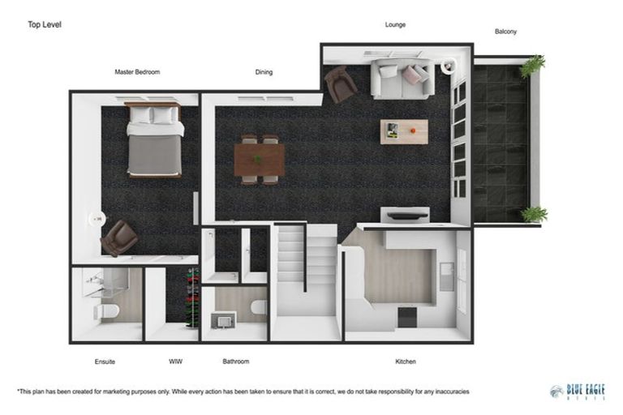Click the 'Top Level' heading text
45,24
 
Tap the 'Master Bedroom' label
137,72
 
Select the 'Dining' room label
264,72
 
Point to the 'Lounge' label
395,25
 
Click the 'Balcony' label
505,32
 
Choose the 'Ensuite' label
105,362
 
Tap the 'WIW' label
176,362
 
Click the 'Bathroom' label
235,362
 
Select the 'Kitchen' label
405,362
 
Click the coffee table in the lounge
403,130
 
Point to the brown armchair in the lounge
340,83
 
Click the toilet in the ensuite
108,310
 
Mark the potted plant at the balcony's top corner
532,65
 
